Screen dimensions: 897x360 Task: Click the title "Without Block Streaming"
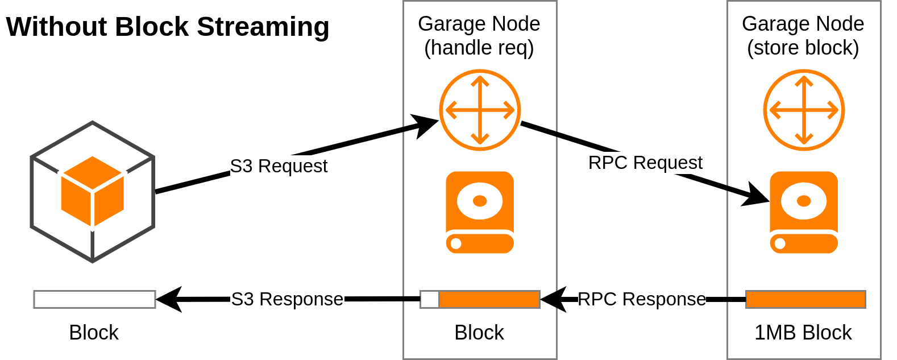point(167,27)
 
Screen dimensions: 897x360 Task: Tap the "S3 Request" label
point(279,166)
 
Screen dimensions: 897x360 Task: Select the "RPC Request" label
point(645,163)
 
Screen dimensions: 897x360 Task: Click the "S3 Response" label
point(287,299)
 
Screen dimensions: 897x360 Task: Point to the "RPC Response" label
point(642,299)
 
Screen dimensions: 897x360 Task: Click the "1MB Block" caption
point(803,332)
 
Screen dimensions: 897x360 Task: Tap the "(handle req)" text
point(479,48)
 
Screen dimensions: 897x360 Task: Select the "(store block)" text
point(803,48)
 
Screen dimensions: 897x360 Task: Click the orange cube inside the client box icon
point(93,191)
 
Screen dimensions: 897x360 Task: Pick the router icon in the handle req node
point(480,110)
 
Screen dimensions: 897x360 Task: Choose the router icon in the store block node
point(804,110)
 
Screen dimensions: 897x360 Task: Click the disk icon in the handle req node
point(480,212)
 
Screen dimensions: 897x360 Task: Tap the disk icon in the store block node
point(804,212)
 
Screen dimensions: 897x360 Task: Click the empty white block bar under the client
point(94,299)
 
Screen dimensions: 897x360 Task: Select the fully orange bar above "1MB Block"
point(805,299)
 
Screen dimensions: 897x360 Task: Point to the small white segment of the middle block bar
point(430,299)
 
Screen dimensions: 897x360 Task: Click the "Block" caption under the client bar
point(94,332)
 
